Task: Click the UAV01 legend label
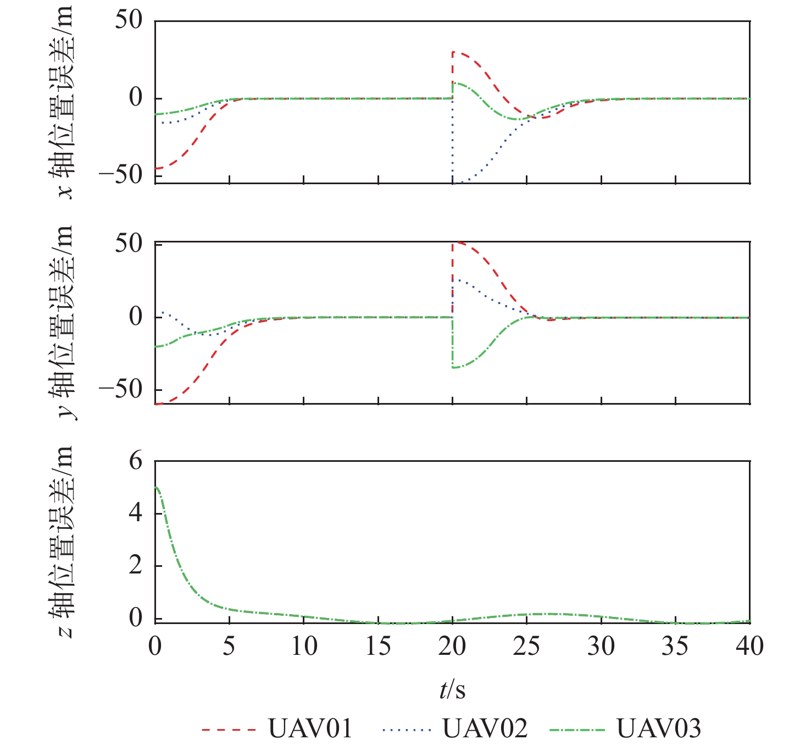pos(310,729)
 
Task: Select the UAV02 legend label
pos(485,729)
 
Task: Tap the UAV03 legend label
pos(659,729)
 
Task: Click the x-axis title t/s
pos(452,689)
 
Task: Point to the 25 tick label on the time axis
pos(526,646)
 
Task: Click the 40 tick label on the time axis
pos(749,646)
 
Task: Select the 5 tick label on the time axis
pos(229,646)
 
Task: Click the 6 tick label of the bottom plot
pos(135,461)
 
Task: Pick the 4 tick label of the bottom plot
pos(135,514)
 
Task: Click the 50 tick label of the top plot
pos(129,20)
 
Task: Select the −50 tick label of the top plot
pos(120,175)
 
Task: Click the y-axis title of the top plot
pos(62,102)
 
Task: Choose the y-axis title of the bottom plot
pos(62,542)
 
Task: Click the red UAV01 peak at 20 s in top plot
pos(453,52)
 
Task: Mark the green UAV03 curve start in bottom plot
pos(156,487)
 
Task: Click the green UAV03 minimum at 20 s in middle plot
pos(453,367)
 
